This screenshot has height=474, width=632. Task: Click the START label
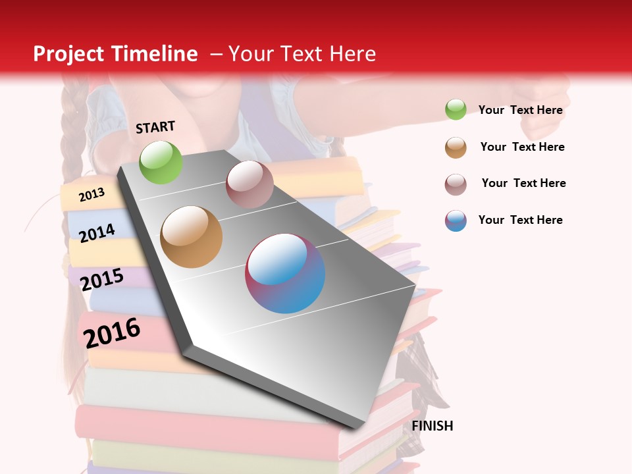click(155, 127)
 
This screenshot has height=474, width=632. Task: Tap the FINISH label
click(433, 426)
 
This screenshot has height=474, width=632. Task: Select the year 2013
click(92, 194)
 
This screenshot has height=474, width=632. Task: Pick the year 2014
click(97, 233)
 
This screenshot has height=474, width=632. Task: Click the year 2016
click(112, 332)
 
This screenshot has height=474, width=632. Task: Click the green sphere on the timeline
click(161, 162)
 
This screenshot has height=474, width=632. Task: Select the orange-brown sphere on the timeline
click(191, 236)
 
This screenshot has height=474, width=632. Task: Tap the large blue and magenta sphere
click(285, 273)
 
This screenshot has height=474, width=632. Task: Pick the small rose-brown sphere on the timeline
click(250, 184)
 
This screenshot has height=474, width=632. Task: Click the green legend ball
click(456, 110)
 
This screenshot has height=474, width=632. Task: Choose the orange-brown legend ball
click(456, 147)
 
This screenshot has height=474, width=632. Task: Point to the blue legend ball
click(456, 221)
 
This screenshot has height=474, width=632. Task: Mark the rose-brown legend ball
click(456, 184)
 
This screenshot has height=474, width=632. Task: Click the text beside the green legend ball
click(520, 110)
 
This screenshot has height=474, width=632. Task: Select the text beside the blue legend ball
click(520, 220)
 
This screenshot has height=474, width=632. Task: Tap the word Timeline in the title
click(155, 54)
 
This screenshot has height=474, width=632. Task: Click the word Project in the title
click(68, 54)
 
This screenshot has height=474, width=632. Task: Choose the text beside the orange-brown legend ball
click(522, 147)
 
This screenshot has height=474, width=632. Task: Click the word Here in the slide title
click(352, 54)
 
